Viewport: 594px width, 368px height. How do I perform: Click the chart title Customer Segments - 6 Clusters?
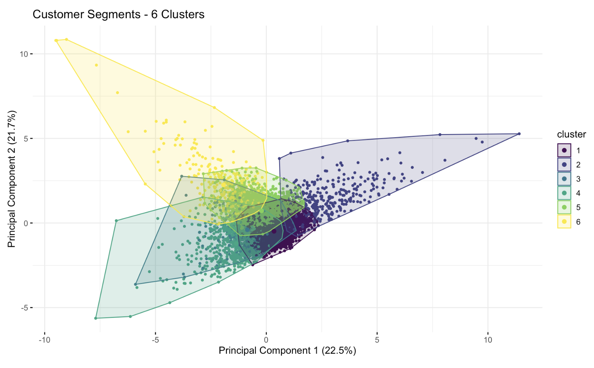118,14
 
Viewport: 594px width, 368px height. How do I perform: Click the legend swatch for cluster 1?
564,150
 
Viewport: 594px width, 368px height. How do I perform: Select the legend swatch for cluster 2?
564,165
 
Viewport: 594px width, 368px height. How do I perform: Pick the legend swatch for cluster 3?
564,179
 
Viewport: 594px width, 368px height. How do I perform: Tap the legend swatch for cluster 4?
564,193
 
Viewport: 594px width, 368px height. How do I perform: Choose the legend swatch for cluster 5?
564,208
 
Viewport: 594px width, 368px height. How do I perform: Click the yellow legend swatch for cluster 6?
564,222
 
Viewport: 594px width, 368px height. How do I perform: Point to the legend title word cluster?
571,134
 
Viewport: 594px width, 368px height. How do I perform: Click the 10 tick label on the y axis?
24,54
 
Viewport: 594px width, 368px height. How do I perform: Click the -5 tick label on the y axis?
24,308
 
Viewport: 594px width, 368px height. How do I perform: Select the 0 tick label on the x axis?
266,340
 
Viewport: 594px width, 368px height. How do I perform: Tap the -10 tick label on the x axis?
44,340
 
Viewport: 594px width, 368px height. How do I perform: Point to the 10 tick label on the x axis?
488,340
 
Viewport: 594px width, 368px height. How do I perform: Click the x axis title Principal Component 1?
287,350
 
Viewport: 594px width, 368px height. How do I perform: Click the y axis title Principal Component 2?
11,179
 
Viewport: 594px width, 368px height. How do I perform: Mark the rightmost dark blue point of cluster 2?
519,134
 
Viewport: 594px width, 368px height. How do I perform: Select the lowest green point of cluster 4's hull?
96,318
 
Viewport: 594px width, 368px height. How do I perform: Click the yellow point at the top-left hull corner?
56,41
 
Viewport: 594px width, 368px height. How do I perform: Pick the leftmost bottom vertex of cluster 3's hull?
135,284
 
